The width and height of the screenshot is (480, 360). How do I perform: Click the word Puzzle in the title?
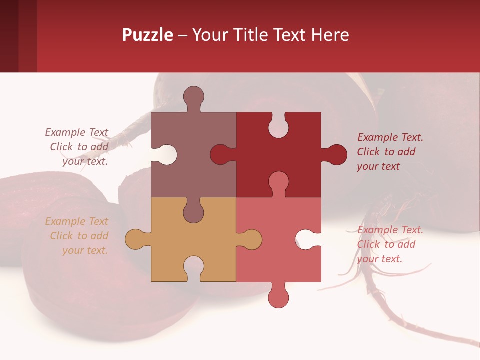click(147, 35)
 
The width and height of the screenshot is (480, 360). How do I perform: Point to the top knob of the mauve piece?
click(193, 97)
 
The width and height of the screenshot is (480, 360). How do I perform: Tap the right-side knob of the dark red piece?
click(336, 155)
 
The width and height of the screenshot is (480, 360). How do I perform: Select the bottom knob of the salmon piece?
click(278, 297)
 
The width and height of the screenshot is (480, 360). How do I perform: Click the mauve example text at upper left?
click(77, 147)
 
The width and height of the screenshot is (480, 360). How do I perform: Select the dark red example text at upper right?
click(389, 152)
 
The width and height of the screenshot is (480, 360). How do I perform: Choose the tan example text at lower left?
click(77, 236)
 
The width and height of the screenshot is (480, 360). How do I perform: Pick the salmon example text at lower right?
click(389, 244)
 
